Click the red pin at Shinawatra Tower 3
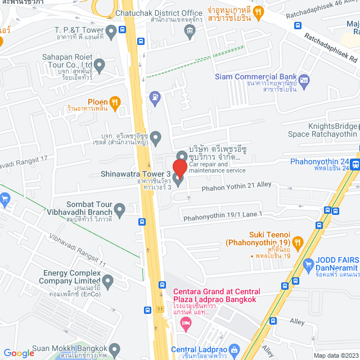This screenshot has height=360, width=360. (x=179, y=168)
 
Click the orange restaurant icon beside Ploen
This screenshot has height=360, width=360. (x=115, y=101)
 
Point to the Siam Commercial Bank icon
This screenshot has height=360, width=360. (x=304, y=80)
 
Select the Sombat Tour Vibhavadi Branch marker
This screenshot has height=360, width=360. (x=120, y=210)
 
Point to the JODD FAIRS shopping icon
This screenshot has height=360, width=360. (x=308, y=264)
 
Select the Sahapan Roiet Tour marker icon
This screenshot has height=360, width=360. (x=100, y=67)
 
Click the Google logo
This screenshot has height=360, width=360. (x=19, y=353)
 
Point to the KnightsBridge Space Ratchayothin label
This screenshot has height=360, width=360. (x=322, y=130)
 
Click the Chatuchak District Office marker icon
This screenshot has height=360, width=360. (x=190, y=33)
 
